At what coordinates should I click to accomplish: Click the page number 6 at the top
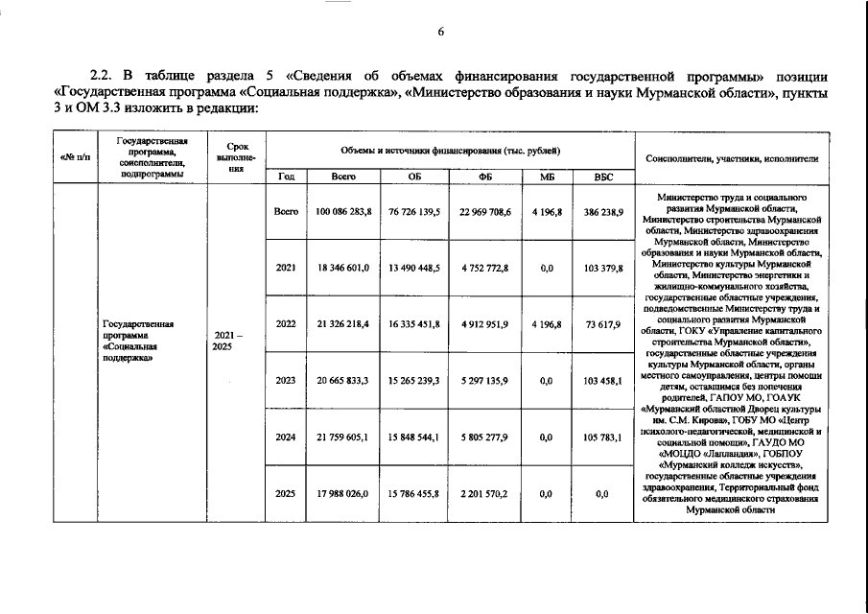(441, 32)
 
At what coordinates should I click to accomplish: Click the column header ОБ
(414, 177)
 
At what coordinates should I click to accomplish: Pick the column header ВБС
(602, 177)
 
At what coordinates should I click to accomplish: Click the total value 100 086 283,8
(343, 211)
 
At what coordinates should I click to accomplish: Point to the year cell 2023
(286, 381)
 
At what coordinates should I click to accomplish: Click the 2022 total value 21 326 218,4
(343, 324)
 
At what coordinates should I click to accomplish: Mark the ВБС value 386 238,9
(602, 211)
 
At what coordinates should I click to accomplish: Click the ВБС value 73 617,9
(602, 324)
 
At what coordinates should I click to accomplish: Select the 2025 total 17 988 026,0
(343, 494)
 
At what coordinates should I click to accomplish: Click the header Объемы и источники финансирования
(450, 153)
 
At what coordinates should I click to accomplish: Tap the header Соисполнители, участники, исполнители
(733, 157)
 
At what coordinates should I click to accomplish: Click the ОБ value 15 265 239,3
(414, 381)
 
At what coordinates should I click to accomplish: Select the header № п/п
(74, 157)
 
